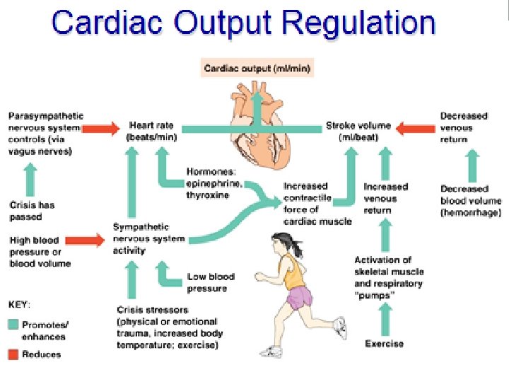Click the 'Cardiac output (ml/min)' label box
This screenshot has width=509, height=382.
(257, 69)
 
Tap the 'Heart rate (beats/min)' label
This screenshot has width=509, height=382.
(151, 132)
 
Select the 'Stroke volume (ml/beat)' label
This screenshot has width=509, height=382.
(358, 132)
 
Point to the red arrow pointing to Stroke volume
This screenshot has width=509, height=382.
(416, 128)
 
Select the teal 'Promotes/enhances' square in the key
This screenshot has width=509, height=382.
(13, 325)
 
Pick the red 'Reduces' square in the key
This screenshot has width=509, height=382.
(13, 354)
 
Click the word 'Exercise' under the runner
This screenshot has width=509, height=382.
(385, 344)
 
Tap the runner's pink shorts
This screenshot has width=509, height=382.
(298, 296)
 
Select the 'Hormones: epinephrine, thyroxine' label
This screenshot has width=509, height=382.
(214, 183)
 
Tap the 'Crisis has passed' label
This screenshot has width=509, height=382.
(32, 210)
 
